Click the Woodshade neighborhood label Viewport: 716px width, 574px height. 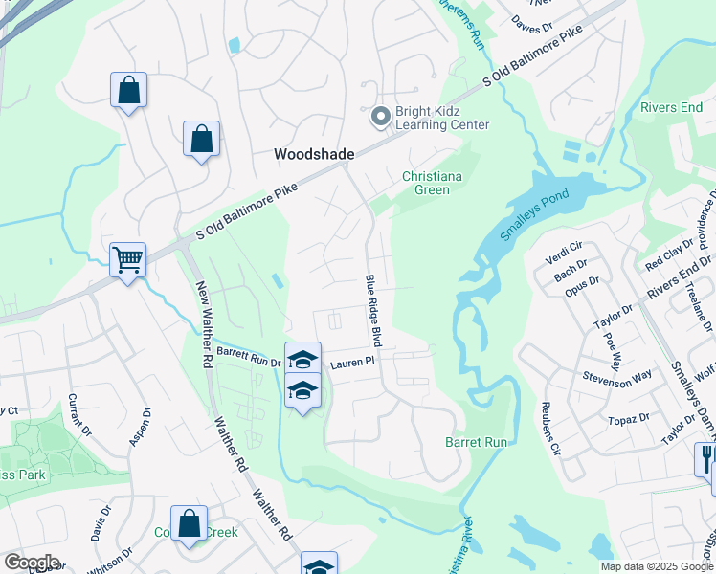coord(314,154)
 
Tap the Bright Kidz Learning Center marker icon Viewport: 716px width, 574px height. coord(380,116)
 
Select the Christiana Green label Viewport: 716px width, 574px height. coord(438,183)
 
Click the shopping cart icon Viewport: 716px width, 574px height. coord(127,258)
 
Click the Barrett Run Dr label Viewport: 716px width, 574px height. coord(248,360)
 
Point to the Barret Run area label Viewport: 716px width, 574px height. coord(476,442)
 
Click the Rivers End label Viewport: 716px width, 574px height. coord(672,107)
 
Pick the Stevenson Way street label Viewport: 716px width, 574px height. coord(616,378)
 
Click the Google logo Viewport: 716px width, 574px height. coord(32,563)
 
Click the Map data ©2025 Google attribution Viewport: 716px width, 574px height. coord(657,566)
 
